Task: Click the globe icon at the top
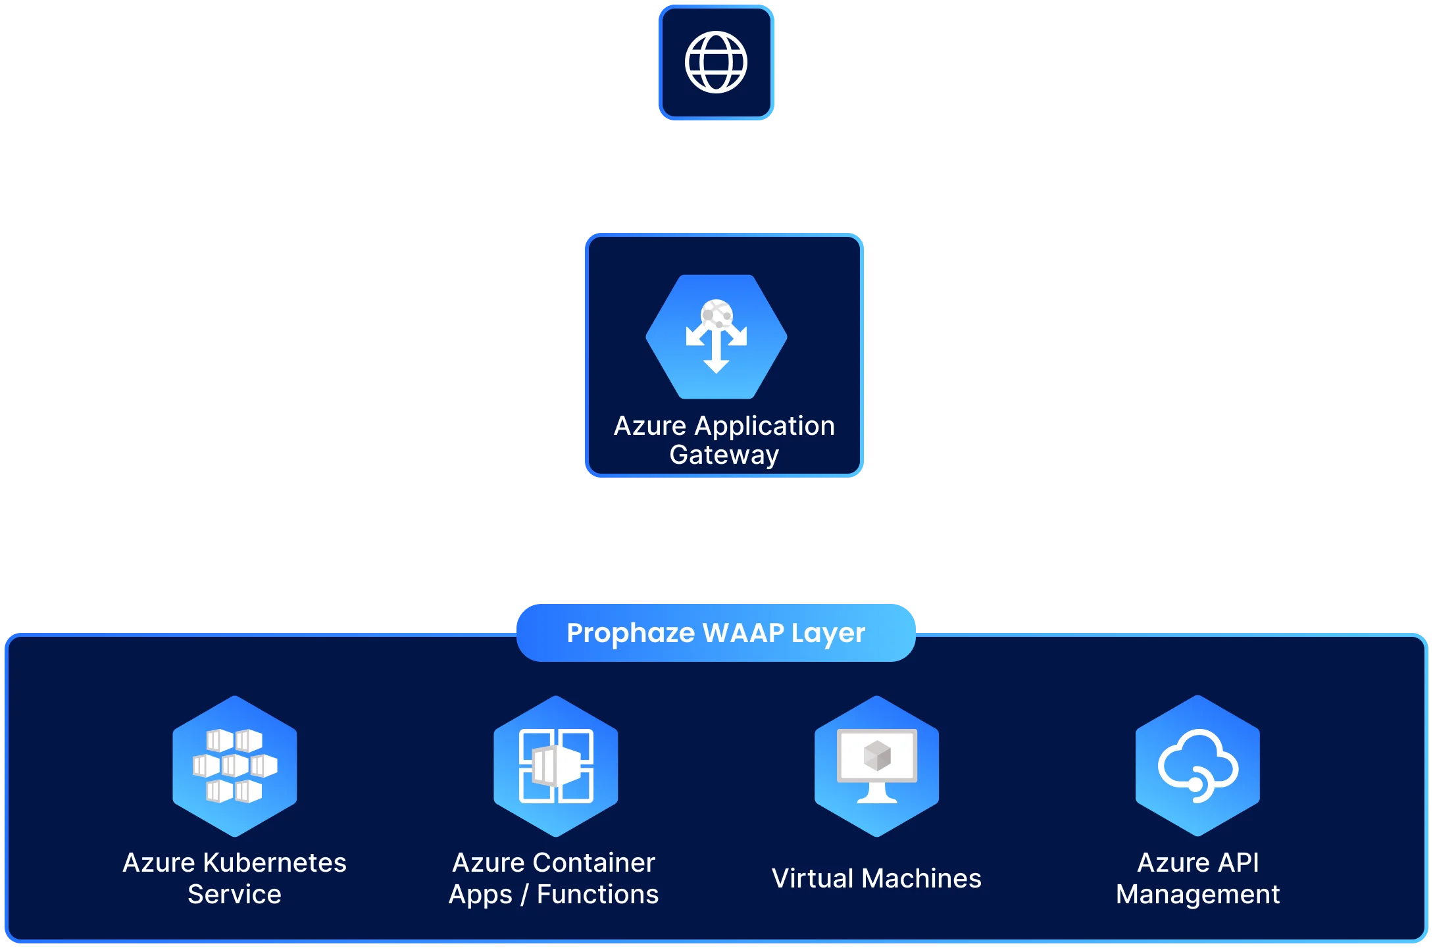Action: pyautogui.click(x=716, y=63)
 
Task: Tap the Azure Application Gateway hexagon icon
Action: pyautogui.click(x=716, y=337)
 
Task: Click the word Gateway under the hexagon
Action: pyautogui.click(x=724, y=455)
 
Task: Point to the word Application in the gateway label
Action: pyautogui.click(x=765, y=426)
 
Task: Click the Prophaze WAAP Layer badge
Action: pyautogui.click(x=716, y=633)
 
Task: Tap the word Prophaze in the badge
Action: pyautogui.click(x=630, y=633)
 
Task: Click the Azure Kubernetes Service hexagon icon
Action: pyautogui.click(x=235, y=766)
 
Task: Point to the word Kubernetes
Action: pyautogui.click(x=274, y=863)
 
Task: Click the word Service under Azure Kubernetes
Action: pyautogui.click(x=234, y=894)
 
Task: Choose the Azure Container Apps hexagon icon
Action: pyautogui.click(x=556, y=766)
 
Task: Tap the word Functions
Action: pyautogui.click(x=597, y=894)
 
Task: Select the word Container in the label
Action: pyautogui.click(x=594, y=863)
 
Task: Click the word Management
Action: pyautogui.click(x=1198, y=894)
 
